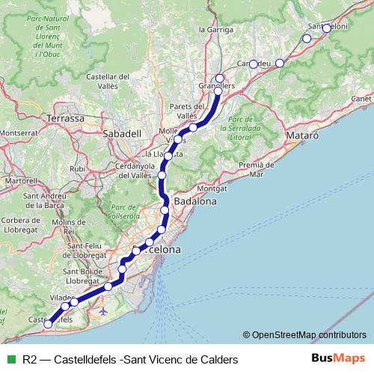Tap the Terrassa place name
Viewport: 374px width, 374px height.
66,119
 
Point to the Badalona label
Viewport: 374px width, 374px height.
194,202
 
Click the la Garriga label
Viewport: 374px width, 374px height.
213,29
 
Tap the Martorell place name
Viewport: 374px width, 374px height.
20,181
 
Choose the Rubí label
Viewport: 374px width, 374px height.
78,169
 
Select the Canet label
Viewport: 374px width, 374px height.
361,98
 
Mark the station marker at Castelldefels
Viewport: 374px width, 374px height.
49,325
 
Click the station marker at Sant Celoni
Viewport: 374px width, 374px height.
326,28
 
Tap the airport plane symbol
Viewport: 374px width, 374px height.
102,310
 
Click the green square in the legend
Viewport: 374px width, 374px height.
10,360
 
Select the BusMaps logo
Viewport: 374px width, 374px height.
339,359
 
